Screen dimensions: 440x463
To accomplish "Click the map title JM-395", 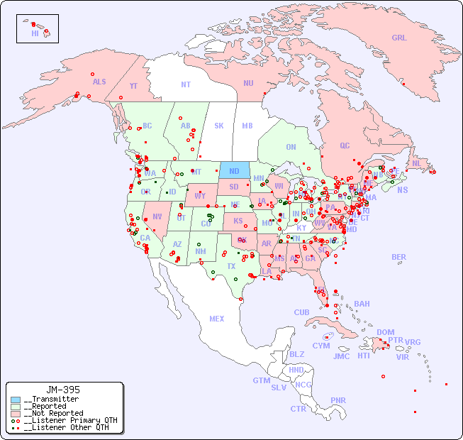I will (x=62, y=390).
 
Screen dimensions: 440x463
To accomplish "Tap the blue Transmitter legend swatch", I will (x=15, y=400).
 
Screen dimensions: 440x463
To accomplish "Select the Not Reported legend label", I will (x=52, y=413).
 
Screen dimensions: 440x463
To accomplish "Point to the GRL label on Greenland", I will (x=399, y=38).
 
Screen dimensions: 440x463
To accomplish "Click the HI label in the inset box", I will (x=35, y=33).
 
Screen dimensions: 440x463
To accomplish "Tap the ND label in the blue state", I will (x=234, y=171).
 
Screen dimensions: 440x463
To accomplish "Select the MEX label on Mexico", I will (x=217, y=319).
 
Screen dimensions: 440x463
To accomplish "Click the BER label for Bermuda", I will (x=399, y=257).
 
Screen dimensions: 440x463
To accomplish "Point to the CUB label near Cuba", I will (x=302, y=312).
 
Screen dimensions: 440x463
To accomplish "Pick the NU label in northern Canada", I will (x=248, y=83).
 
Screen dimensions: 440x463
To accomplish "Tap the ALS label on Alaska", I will (x=99, y=82).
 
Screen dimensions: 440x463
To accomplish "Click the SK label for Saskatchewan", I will (x=219, y=126).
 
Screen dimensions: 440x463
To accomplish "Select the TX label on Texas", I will (x=231, y=266).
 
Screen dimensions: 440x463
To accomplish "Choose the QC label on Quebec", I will (x=345, y=145).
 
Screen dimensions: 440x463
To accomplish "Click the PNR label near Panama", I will (x=338, y=400).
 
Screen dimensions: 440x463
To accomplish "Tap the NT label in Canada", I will (x=185, y=84).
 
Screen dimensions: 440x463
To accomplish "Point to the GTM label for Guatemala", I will (x=261, y=380).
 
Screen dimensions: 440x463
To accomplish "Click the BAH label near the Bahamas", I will (x=362, y=304).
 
